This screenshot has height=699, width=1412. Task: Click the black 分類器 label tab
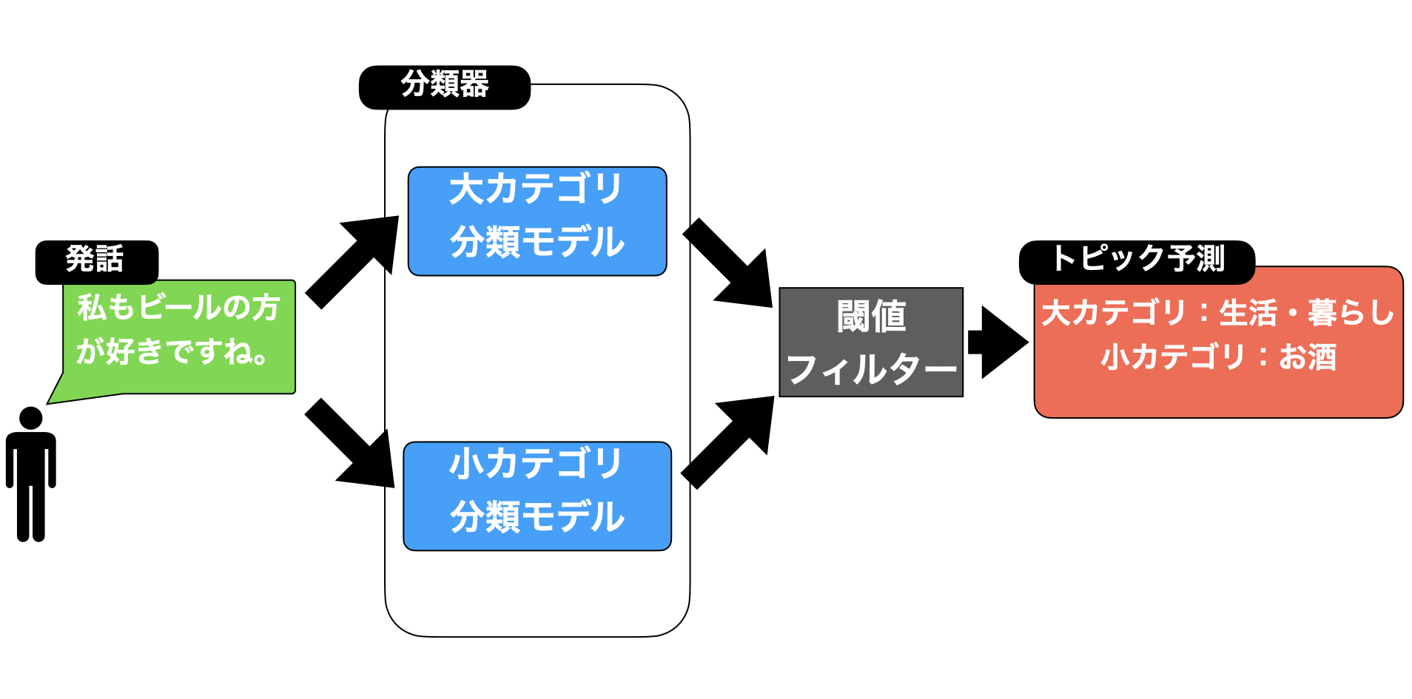click(445, 87)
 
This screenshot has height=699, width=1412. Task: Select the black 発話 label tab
click(97, 262)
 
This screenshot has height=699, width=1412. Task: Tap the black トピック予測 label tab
click(1137, 262)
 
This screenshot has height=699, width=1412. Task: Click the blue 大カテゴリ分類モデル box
click(537, 221)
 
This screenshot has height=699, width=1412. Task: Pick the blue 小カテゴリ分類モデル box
click(537, 496)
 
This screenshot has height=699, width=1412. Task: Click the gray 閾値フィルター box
click(871, 342)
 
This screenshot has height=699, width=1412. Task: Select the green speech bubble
click(178, 337)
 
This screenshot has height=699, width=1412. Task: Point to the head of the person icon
click(31, 418)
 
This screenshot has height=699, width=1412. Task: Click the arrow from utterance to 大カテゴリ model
click(352, 262)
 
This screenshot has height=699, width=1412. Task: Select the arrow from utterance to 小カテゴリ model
click(349, 443)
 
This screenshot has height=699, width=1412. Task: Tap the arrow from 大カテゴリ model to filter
click(727, 263)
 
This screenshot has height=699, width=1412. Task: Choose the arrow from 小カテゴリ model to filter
click(727, 442)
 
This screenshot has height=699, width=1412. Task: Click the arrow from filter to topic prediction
click(998, 342)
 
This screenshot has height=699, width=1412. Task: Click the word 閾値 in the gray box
click(872, 317)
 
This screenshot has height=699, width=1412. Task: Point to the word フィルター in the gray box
click(872, 369)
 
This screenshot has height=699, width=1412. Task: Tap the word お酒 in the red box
click(1308, 357)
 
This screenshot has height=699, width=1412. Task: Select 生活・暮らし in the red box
click(1307, 312)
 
